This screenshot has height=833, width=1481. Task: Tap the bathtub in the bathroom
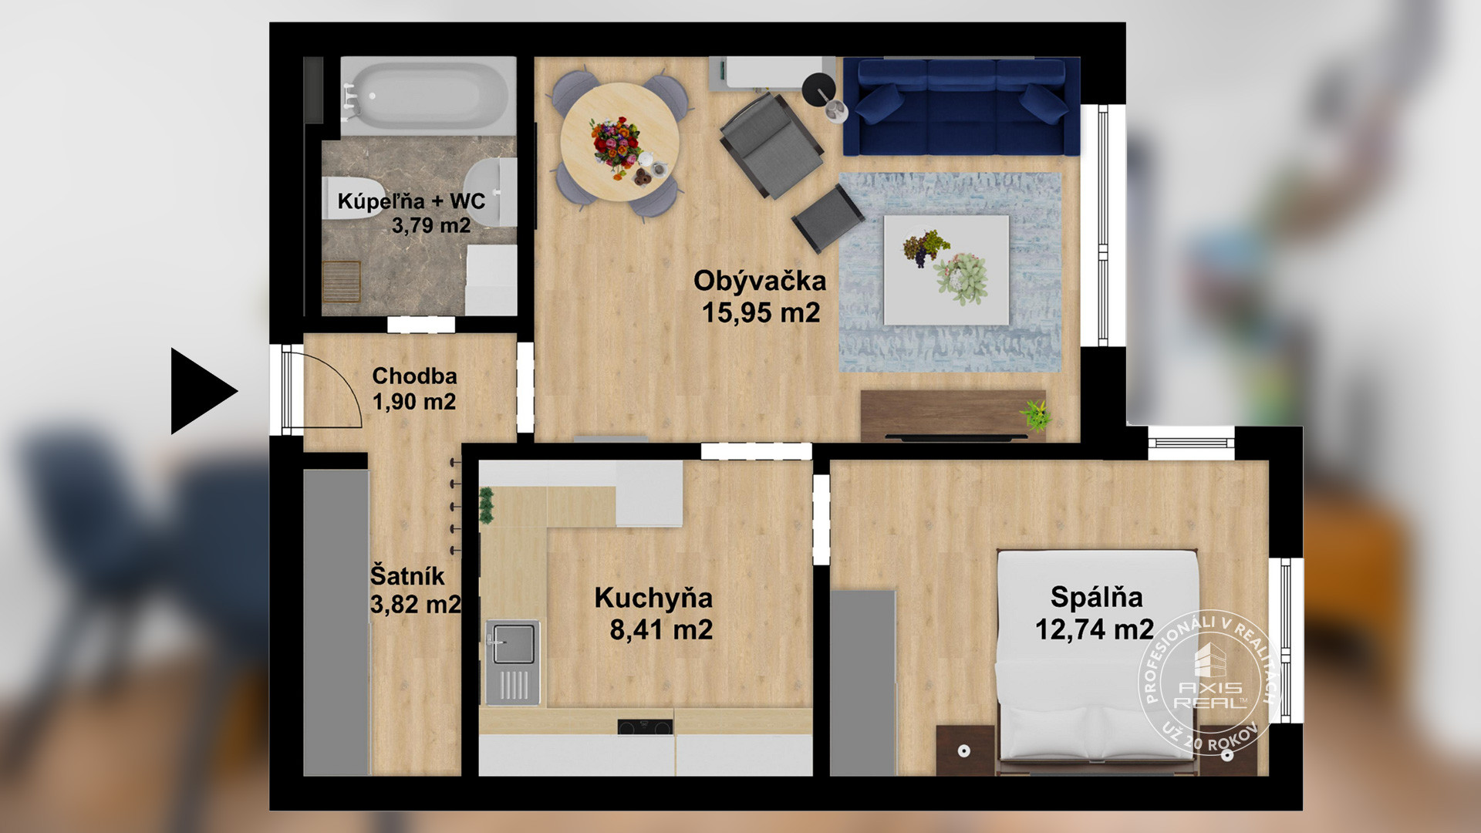coord(428,96)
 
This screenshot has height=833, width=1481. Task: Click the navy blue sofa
coord(961,106)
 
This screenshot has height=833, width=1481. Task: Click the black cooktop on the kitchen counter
coord(645,727)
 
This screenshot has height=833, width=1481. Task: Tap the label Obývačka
coord(760,281)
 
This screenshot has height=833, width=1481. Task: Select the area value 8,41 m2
coord(661,629)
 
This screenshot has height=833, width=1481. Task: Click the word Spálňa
coord(1096,597)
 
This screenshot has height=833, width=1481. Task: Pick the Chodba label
coord(414,376)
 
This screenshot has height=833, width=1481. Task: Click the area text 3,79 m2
coord(430,225)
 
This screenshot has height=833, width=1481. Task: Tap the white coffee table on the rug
coord(946,269)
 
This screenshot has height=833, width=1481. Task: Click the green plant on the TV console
coord(1035,415)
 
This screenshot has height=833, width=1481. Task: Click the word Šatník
coord(407,575)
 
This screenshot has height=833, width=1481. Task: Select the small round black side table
coord(818,89)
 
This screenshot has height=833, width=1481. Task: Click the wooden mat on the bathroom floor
coord(341,282)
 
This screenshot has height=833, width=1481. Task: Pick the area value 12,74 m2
coord(1094,629)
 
